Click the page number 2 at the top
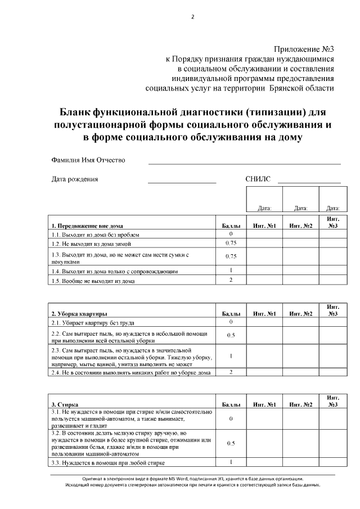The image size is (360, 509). [192, 17]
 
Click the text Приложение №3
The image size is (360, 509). [304, 50]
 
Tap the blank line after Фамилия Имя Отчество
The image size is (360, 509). [244, 163]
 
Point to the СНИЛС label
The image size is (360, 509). [258, 179]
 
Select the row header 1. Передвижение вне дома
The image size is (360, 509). [87, 226]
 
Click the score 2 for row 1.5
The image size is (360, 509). [231, 280]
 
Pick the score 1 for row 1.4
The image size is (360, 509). [231, 270]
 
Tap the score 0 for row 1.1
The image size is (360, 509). [231, 234]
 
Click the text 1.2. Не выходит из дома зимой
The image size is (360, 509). [91, 244]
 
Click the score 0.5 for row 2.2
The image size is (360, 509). [231, 335]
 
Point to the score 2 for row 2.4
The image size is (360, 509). [231, 372]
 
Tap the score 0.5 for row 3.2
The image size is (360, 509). [231, 443]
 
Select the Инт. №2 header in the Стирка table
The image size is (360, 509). [300, 404]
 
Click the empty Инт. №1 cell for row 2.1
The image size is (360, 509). [264, 322]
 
